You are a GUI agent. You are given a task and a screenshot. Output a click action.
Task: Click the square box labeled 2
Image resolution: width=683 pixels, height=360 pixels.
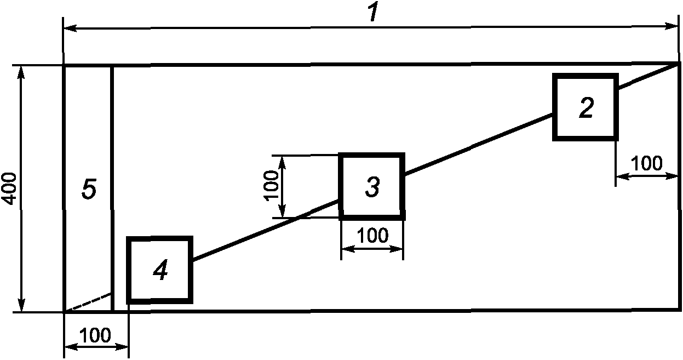(586, 107)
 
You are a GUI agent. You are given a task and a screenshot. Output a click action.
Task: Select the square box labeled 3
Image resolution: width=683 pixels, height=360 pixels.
(372, 187)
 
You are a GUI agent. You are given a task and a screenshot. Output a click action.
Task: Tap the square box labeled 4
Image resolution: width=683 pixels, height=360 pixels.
(160, 270)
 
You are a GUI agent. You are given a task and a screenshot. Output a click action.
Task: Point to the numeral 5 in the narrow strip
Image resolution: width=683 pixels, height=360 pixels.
(89, 190)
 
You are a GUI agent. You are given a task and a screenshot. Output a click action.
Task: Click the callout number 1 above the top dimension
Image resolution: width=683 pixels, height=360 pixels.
(373, 13)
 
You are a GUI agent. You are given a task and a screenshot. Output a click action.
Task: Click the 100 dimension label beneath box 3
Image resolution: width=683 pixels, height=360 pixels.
(372, 236)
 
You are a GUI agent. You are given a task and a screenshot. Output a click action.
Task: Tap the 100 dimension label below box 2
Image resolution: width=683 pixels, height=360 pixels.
(646, 163)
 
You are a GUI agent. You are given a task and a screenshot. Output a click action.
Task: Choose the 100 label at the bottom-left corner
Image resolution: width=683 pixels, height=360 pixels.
(96, 335)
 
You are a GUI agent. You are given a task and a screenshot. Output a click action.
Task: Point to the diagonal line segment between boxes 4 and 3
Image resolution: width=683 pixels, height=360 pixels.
(266, 230)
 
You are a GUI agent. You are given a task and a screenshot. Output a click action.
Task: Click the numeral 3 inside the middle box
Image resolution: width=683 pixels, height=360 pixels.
(372, 187)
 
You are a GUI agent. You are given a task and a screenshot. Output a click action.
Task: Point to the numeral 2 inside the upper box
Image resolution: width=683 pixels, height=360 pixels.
(586, 107)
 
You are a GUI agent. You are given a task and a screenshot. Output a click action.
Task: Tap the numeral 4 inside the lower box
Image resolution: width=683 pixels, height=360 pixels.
(160, 271)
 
